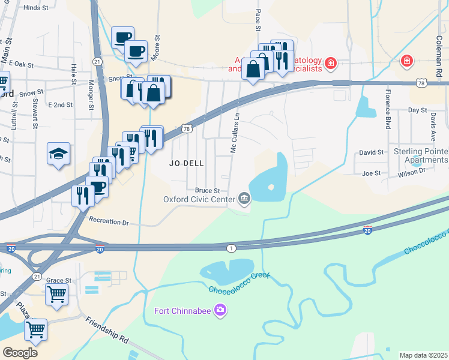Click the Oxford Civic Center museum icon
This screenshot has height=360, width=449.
click(x=244, y=198)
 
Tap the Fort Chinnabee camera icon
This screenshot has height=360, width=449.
click(x=220, y=310)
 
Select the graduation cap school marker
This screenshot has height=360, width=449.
click(x=58, y=154)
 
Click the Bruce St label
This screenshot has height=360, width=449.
click(x=207, y=190)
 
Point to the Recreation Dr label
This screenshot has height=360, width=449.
click(x=109, y=222)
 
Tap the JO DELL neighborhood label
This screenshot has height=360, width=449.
click(x=186, y=163)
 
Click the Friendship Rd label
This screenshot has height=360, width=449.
click(x=107, y=329)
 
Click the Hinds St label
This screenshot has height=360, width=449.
click(x=35, y=8)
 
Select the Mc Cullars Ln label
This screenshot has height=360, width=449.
click(x=235, y=133)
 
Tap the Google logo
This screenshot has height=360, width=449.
click(x=20, y=352)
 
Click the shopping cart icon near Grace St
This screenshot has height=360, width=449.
click(x=56, y=294)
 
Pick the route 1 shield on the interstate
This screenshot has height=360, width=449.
click(x=231, y=248)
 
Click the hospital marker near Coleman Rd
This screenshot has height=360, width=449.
click(x=406, y=61)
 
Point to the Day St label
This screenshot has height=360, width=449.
click(x=417, y=110)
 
